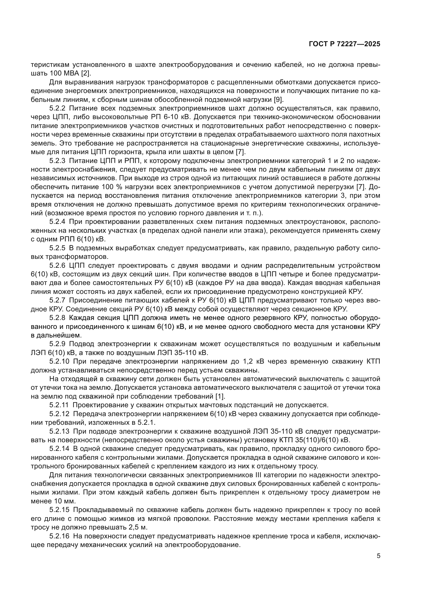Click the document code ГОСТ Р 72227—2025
[x=345, y=44]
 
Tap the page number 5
[x=378, y=556]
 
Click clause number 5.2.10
[x=59, y=361]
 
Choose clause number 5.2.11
[x=59, y=405]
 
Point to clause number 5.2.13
[x=59, y=431]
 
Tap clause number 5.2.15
[x=59, y=510]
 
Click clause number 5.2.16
[x=59, y=536]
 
